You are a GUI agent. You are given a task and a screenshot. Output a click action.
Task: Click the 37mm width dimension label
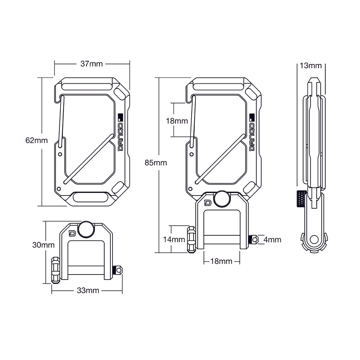point(91,64)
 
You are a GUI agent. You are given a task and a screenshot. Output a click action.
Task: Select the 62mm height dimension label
point(36,141)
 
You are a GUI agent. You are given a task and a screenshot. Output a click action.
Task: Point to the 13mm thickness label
point(310,65)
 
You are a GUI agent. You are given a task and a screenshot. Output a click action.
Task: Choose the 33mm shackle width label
point(88,290)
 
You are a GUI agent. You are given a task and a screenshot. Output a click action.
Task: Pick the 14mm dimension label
point(174,240)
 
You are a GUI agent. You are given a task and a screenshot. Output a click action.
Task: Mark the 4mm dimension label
point(272,240)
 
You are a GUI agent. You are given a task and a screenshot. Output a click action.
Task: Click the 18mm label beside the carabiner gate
point(177,121)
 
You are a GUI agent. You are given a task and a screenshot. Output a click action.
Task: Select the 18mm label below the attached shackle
point(221,261)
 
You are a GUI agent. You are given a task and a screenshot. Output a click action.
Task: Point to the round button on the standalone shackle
point(86,229)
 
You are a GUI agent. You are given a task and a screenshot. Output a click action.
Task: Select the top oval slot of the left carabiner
point(85,86)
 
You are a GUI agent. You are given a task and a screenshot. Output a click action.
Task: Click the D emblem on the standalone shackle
point(72,233)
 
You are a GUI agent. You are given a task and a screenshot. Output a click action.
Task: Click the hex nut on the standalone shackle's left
point(56,270)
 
